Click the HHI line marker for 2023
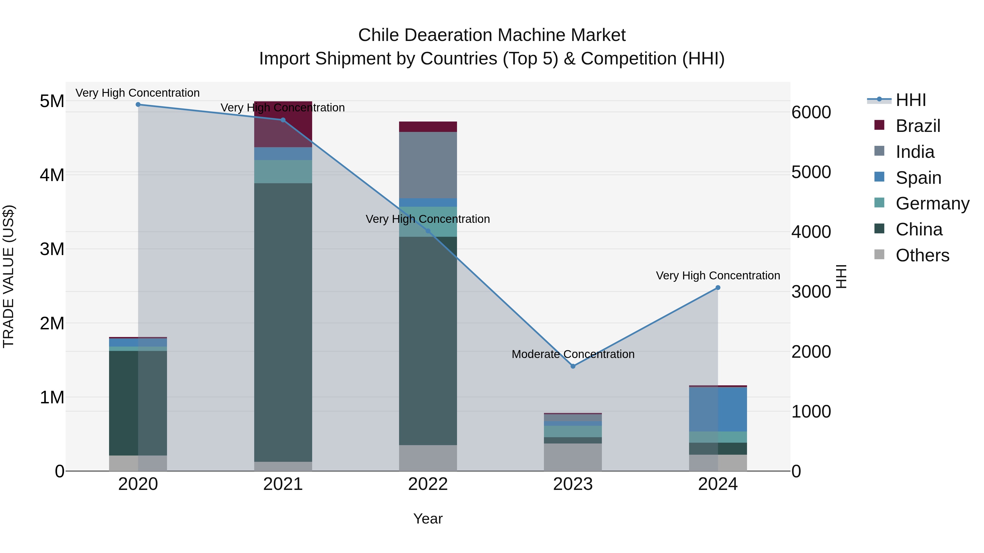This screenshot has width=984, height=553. click(573, 366)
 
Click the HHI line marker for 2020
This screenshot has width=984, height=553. click(138, 105)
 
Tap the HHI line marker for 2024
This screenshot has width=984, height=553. click(718, 288)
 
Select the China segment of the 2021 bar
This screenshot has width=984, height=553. click(283, 323)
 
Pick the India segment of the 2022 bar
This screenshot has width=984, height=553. click(428, 165)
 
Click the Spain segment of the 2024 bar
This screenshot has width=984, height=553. click(718, 409)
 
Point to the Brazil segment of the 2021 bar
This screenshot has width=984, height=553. click(283, 124)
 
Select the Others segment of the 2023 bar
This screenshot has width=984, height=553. click(573, 457)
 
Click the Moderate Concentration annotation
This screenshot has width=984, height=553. click(573, 354)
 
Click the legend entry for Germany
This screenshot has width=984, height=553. click(932, 203)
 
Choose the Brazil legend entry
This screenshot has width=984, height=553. click(918, 126)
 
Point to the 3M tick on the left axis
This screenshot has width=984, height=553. click(52, 249)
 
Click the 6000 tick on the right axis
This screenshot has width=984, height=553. click(811, 112)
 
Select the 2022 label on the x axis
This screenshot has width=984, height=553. click(428, 484)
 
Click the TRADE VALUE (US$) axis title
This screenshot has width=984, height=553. click(8, 276)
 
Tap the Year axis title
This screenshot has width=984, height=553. click(428, 519)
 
